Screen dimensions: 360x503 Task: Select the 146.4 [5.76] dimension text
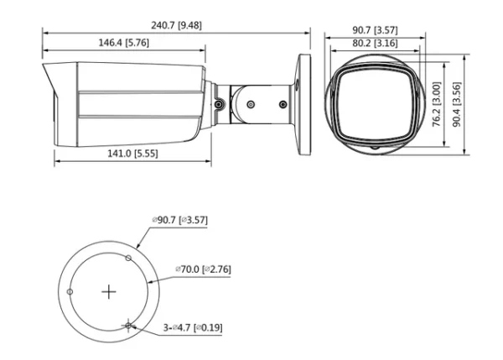(x=125, y=43)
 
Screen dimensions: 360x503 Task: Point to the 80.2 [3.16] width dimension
(x=374, y=43)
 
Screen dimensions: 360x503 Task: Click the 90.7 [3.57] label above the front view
(x=374, y=30)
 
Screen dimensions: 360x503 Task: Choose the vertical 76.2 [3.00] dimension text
(x=436, y=104)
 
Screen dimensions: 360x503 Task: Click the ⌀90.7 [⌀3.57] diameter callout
(x=180, y=220)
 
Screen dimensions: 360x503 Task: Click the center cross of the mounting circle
(x=108, y=292)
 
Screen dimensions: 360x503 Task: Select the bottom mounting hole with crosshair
(x=127, y=325)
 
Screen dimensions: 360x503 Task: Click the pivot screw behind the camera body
(x=217, y=105)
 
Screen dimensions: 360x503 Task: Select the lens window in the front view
(x=374, y=102)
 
